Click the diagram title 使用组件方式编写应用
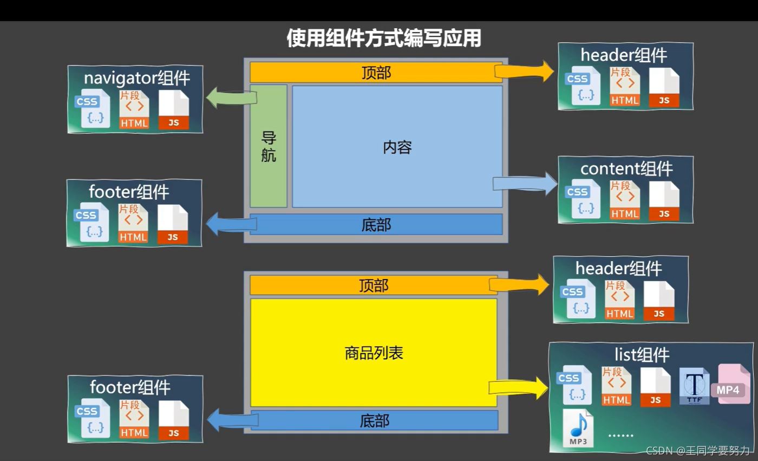click(383, 38)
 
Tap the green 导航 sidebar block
click(269, 146)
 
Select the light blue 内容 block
click(397, 146)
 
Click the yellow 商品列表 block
click(374, 353)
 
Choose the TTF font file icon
click(694, 386)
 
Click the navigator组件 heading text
click(136, 78)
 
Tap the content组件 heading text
click(626, 168)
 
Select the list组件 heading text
click(642, 355)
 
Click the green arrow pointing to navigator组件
click(230, 98)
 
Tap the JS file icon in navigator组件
click(174, 110)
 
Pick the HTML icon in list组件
click(616, 386)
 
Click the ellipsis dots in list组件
click(620, 434)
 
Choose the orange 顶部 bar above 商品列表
click(374, 285)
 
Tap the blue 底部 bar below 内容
click(376, 224)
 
